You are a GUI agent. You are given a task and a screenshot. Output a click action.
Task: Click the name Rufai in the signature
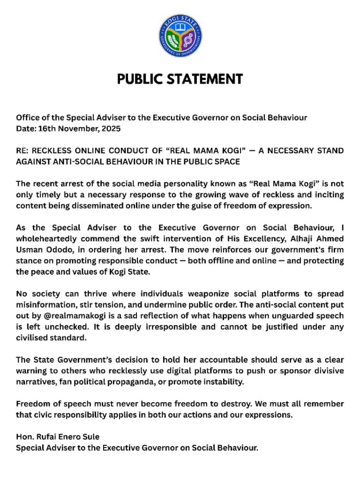(45, 437)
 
